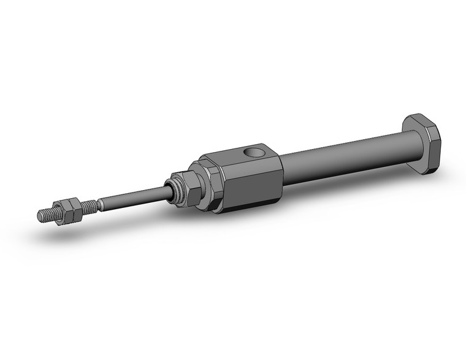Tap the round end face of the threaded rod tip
[40, 215]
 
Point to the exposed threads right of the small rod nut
[88, 205]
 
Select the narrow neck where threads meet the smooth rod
[98, 203]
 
